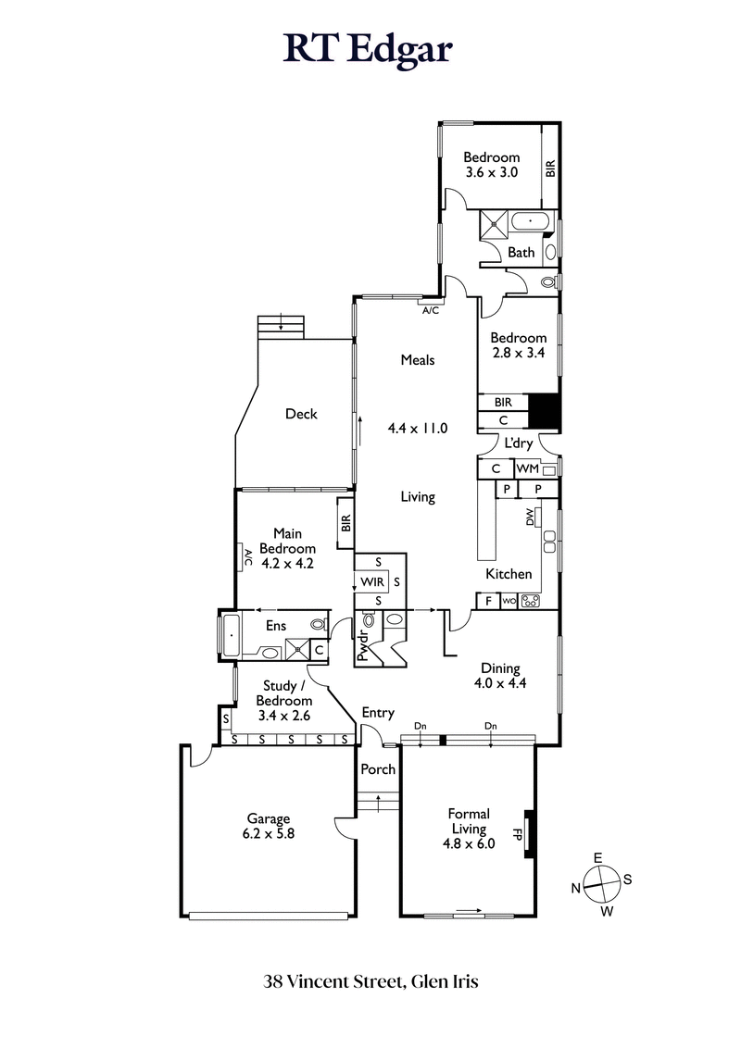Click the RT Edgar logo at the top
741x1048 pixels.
(x=369, y=49)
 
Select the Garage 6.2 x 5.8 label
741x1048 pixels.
(x=269, y=826)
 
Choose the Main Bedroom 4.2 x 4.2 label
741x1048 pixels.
(x=289, y=547)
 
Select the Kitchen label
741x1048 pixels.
(x=509, y=574)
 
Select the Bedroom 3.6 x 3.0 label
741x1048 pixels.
(x=491, y=165)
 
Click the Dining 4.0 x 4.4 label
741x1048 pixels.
(x=500, y=676)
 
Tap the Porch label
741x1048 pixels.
(x=378, y=769)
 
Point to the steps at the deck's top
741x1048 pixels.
(x=282, y=326)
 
